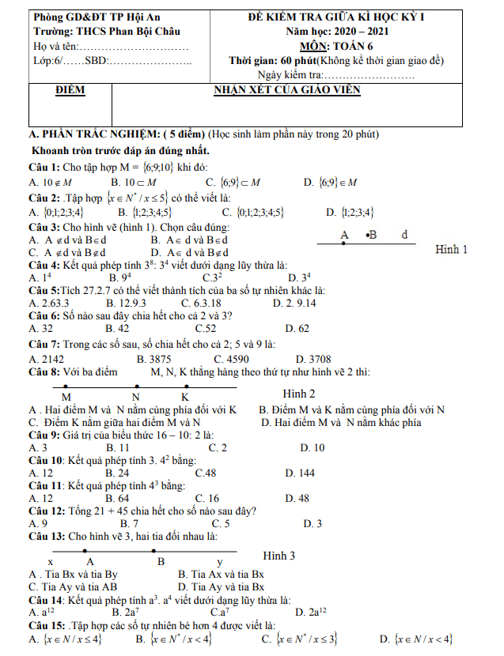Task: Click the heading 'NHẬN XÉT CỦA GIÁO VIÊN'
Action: click(288, 90)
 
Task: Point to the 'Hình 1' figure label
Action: click(452, 249)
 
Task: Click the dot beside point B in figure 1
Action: click(369, 235)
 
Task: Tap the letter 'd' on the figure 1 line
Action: click(404, 235)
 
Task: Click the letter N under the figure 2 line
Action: click(136, 396)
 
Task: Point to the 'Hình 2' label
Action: click(299, 394)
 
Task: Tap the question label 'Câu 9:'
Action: click(45, 435)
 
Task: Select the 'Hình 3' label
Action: click(279, 556)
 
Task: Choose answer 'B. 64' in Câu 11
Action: click(118, 498)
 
